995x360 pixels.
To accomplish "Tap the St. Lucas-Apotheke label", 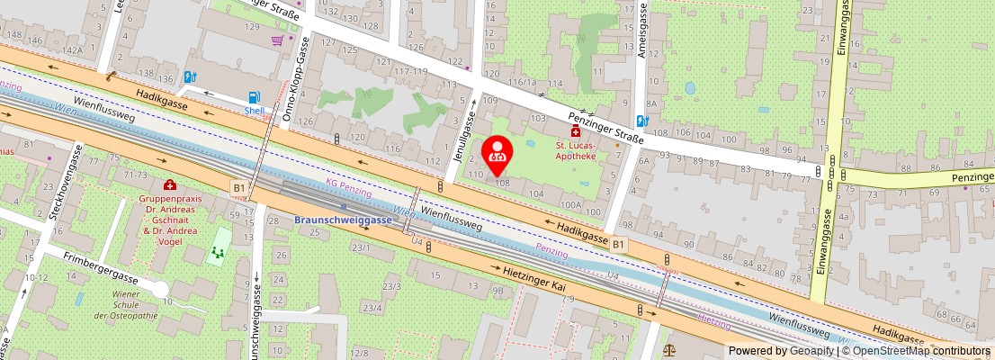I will tap(576, 150).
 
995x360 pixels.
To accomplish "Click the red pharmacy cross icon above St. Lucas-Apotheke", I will tap(576, 131).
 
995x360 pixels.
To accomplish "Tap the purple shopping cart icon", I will tap(279, 40).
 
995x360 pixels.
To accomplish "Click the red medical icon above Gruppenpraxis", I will tap(169, 184).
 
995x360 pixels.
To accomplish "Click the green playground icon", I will tap(218, 245).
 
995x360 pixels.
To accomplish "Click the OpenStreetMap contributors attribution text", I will tap(915, 351).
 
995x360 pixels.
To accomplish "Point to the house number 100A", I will tap(570, 205).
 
